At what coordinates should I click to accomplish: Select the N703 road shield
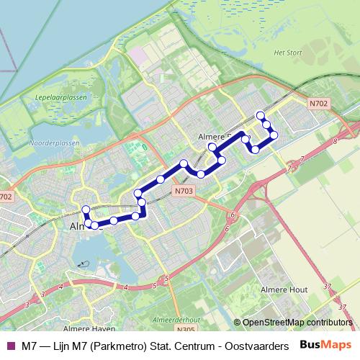[182, 191]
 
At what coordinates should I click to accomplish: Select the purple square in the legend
[10, 346]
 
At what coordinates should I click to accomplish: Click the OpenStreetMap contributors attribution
[297, 323]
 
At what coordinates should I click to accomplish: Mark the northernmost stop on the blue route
[261, 115]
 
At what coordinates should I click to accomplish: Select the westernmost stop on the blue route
[86, 210]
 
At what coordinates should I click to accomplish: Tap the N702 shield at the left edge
[6, 197]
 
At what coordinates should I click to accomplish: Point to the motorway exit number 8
[335, 142]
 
